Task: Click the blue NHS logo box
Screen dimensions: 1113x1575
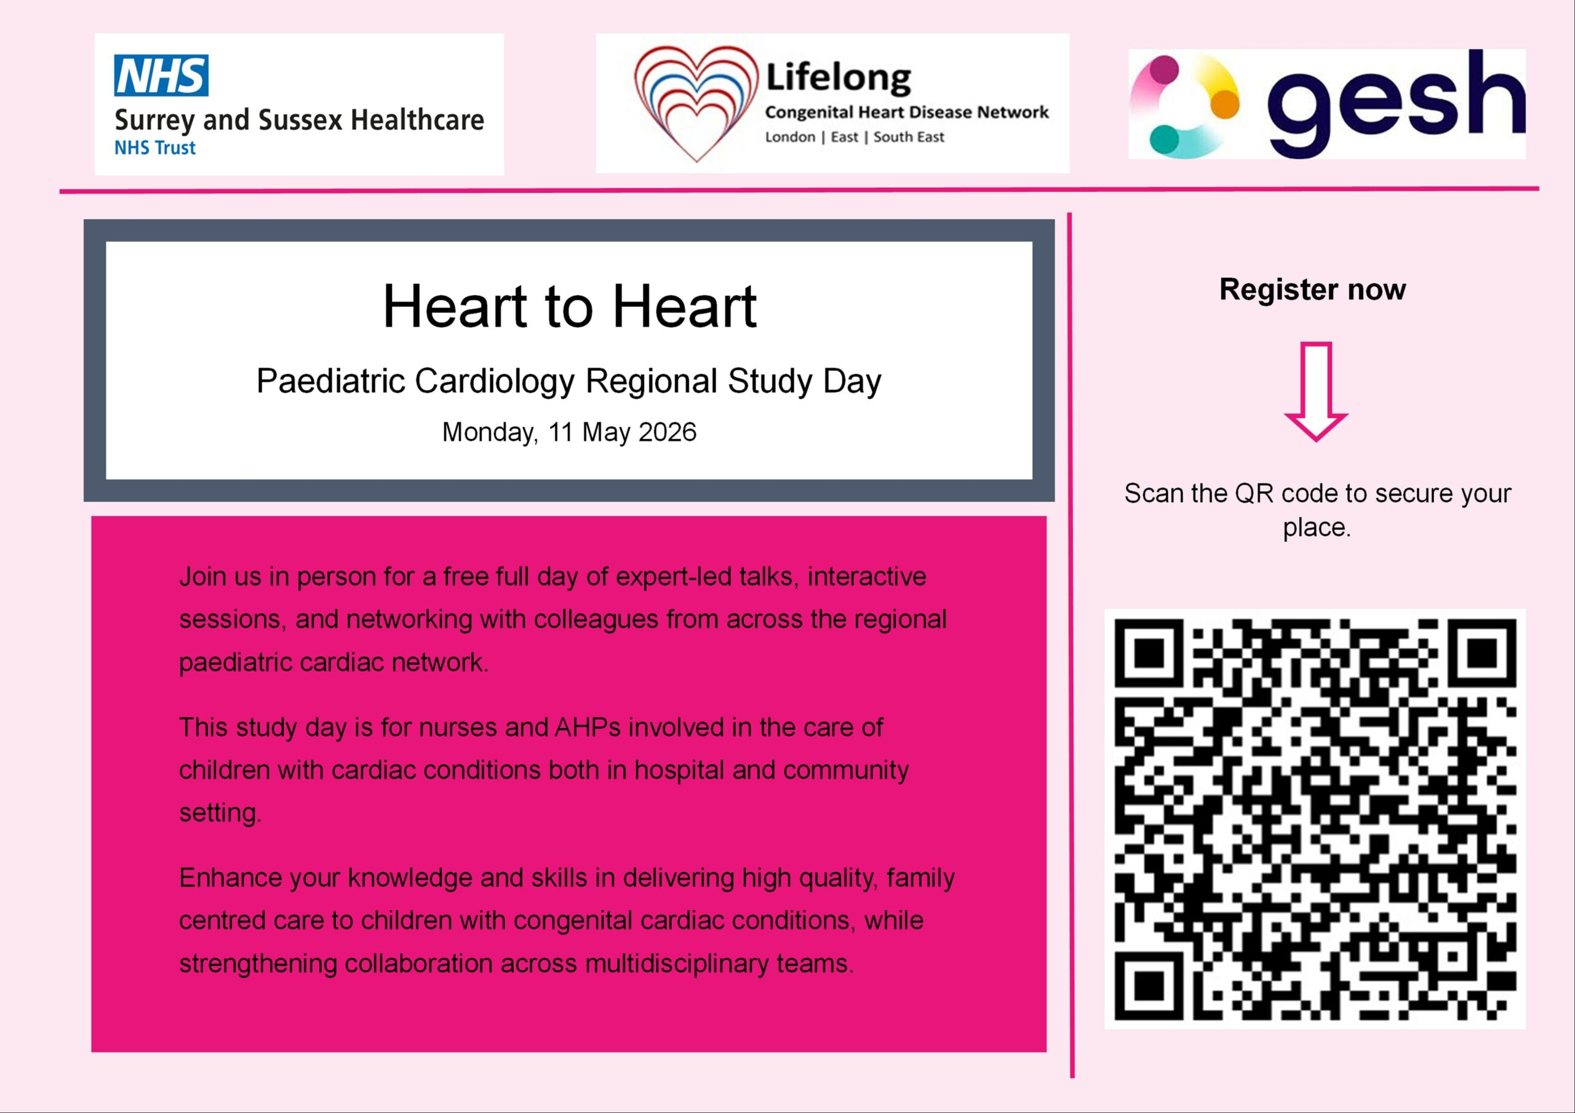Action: [161, 76]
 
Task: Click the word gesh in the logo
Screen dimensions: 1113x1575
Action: [1395, 103]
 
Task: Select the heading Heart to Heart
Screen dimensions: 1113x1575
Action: [569, 307]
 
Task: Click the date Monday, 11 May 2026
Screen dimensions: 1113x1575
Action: [568, 432]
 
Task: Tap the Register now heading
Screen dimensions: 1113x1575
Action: [1312, 290]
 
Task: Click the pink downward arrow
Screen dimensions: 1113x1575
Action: [1316, 392]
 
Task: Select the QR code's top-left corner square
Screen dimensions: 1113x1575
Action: [1149, 653]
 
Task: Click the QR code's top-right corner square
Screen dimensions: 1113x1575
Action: [1481, 653]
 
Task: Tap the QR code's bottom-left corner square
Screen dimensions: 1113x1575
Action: [1149, 986]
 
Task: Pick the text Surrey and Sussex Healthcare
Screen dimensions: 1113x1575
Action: [299, 120]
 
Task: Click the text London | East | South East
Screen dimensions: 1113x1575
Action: [854, 137]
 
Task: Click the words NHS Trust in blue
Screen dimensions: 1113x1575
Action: [155, 148]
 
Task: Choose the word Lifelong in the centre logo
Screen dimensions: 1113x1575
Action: [839, 77]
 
